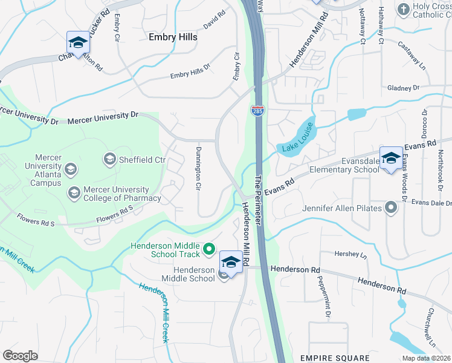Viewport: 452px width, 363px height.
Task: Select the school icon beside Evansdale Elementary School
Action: (x=391, y=159)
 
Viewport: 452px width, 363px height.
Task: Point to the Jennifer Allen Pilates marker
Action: (x=391, y=209)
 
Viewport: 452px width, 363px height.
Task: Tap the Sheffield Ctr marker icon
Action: (x=110, y=160)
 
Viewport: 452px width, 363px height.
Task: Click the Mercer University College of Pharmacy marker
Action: (x=74, y=193)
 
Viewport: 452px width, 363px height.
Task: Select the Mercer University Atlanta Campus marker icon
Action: (x=71, y=169)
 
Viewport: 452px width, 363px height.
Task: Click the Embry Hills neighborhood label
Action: (x=173, y=37)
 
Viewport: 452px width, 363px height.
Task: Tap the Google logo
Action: (x=20, y=355)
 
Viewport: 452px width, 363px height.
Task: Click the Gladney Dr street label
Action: (x=404, y=88)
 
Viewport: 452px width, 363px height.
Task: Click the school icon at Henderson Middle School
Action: (x=230, y=262)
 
